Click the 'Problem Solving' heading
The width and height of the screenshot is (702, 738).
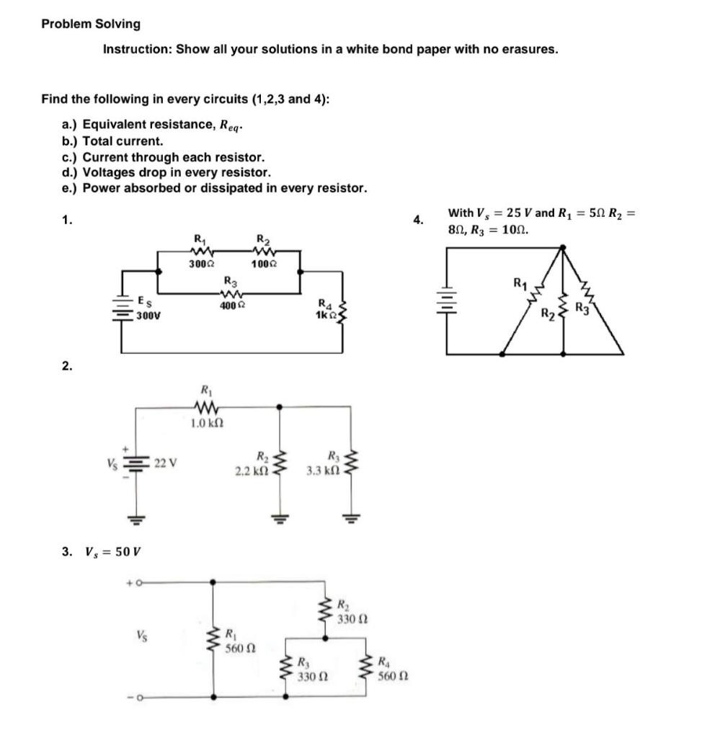point(91,24)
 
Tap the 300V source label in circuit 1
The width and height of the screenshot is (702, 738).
point(148,314)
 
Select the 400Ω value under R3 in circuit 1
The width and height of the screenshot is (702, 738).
point(229,306)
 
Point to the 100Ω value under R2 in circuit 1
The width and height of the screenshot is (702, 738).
point(261,264)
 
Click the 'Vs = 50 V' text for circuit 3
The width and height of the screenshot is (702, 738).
point(108,551)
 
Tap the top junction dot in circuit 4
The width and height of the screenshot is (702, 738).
point(564,247)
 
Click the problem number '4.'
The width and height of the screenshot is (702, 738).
point(418,221)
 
